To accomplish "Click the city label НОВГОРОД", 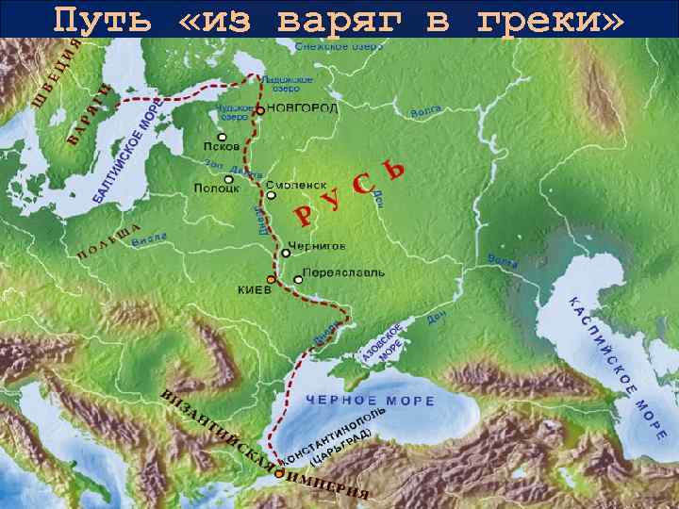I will pyautogui.click(x=303, y=109).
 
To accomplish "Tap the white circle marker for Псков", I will pyautogui.click(x=222, y=136).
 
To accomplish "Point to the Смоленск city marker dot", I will pyautogui.click(x=271, y=195).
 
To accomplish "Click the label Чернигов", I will pyautogui.click(x=317, y=245).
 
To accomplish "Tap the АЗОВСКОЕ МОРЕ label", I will pyautogui.click(x=383, y=343).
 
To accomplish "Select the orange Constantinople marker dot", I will pyautogui.click(x=278, y=475).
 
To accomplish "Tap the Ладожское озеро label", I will pyautogui.click(x=279, y=84).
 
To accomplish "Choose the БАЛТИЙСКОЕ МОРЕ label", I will pyautogui.click(x=126, y=156).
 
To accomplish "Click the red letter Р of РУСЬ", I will pyautogui.click(x=301, y=217).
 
